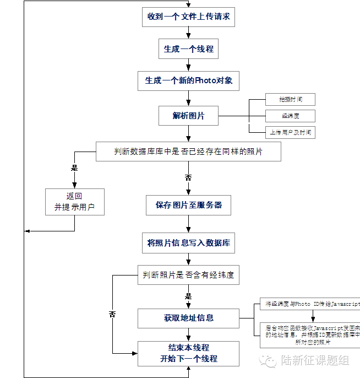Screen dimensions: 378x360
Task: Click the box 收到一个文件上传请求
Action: pos(188,17)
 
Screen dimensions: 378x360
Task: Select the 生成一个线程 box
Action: pos(188,48)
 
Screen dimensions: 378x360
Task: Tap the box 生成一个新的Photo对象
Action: pos(188,80)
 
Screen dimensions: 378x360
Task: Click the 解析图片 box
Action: pos(188,116)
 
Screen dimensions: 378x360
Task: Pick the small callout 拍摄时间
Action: pos(290,100)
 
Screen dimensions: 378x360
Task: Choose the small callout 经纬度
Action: pos(290,116)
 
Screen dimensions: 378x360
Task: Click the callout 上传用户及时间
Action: pos(290,132)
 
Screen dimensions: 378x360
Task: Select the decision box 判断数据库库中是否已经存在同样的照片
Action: pos(188,152)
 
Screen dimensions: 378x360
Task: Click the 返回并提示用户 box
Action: pos(74,202)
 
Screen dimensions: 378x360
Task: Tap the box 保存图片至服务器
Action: pos(188,205)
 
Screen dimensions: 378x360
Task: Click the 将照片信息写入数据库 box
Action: pos(188,242)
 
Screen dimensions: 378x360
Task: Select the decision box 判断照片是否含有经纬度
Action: pos(188,275)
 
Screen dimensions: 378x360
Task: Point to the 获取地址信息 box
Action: pos(188,318)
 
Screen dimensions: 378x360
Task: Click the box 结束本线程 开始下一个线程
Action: pos(188,353)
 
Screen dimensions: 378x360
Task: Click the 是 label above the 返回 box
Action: pos(74,168)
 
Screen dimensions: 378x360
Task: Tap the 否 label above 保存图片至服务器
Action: pos(188,178)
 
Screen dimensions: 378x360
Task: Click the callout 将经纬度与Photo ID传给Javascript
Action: pos(311,304)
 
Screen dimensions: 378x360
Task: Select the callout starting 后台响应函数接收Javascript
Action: pos(311,334)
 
